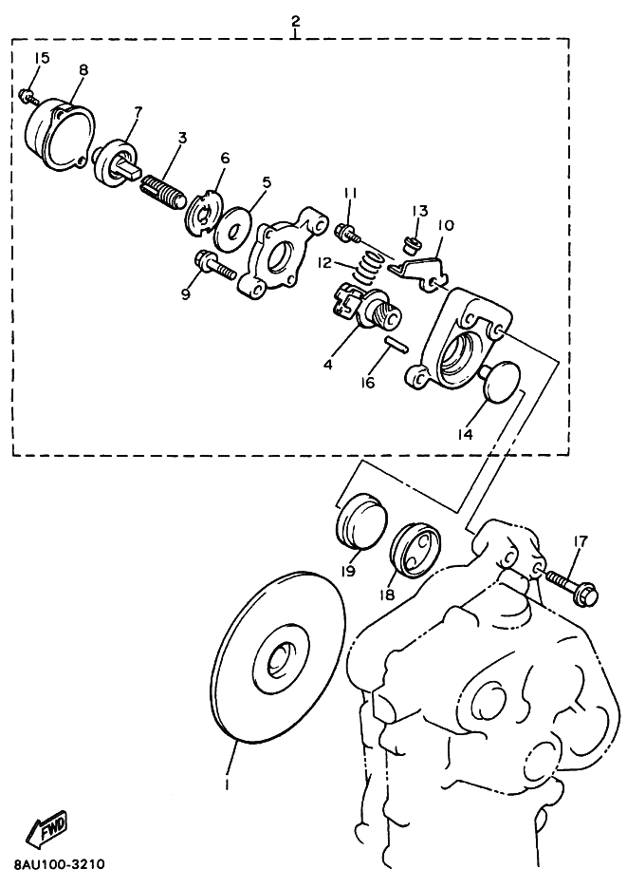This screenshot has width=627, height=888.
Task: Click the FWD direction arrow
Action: click(46, 828)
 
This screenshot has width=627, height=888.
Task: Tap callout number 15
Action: click(42, 58)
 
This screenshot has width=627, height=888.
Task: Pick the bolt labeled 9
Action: click(213, 266)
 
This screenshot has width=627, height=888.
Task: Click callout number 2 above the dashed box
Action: click(295, 22)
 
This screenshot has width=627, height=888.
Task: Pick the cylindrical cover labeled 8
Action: click(60, 134)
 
